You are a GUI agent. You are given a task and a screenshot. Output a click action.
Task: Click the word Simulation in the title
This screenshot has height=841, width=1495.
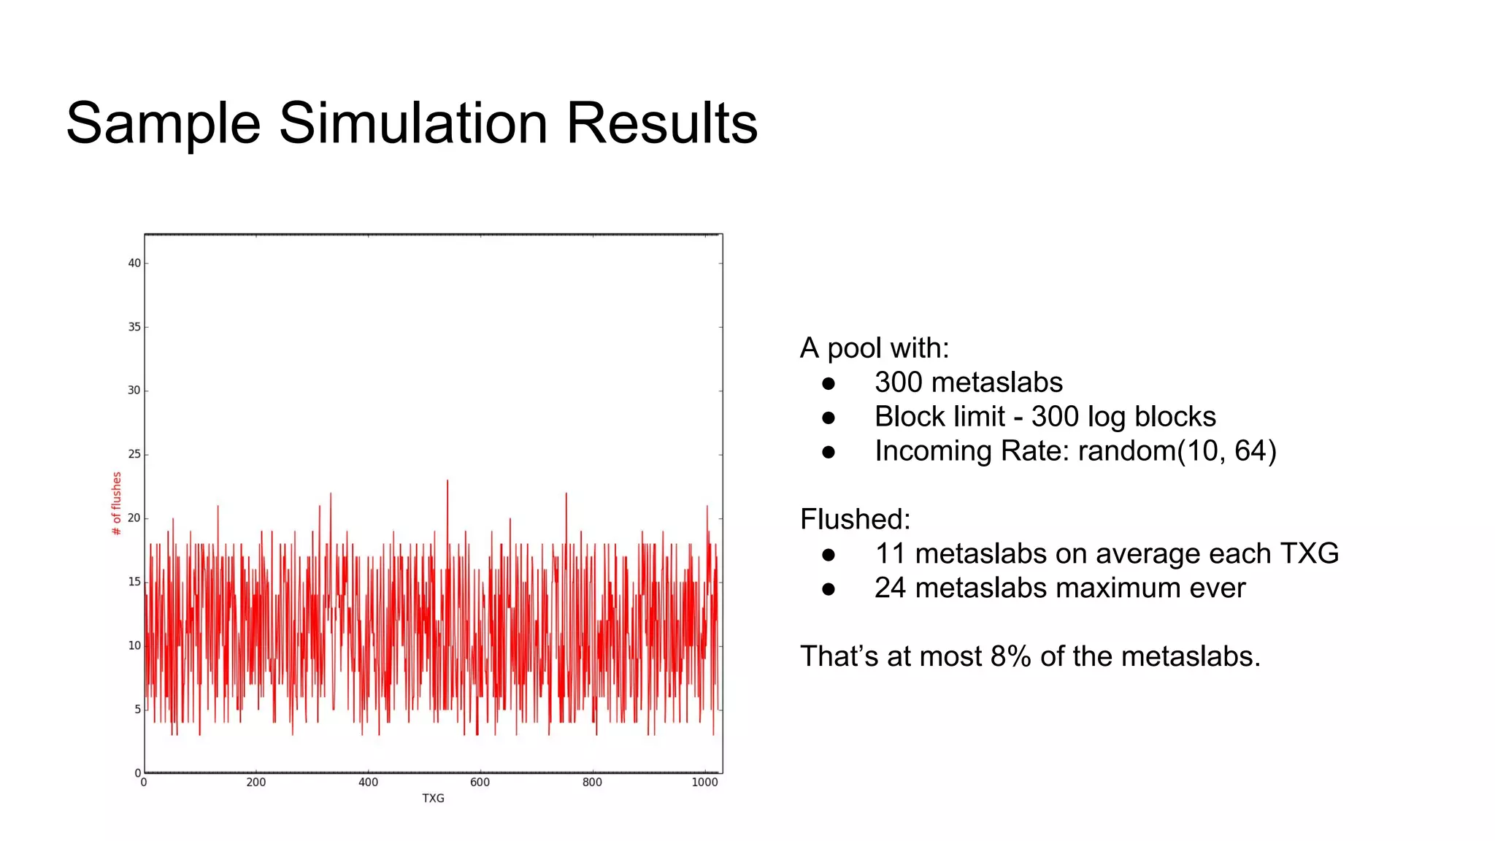click(x=412, y=123)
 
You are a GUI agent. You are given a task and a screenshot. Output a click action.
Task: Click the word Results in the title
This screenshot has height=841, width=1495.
click(x=661, y=123)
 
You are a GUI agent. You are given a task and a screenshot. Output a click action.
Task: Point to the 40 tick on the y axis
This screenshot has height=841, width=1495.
click(x=134, y=263)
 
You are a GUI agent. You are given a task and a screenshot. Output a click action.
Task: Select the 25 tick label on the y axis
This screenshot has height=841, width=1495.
click(x=134, y=454)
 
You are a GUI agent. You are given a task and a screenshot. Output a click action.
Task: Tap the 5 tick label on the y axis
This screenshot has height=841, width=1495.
click(x=137, y=709)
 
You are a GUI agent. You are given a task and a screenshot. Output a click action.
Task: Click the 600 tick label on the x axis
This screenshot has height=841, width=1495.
click(x=480, y=783)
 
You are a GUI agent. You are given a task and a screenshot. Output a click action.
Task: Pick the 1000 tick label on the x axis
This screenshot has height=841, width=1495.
click(x=704, y=783)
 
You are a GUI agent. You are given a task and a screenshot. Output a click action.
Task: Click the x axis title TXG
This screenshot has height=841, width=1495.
click(x=433, y=799)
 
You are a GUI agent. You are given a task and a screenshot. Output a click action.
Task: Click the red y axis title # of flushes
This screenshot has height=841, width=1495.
click(x=116, y=503)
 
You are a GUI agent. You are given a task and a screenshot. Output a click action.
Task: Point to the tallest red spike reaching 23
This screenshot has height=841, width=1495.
click(x=447, y=482)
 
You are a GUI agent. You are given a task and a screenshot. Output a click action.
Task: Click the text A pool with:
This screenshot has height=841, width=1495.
click(x=875, y=348)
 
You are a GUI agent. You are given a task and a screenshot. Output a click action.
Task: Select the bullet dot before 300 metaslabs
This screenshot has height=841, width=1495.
click(x=828, y=383)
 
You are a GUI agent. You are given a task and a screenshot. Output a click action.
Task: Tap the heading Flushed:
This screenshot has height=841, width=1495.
click(x=855, y=519)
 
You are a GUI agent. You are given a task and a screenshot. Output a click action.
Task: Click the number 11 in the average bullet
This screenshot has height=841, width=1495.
click(x=890, y=553)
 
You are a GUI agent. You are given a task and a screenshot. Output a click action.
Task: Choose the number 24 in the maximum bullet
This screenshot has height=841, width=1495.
click(x=891, y=588)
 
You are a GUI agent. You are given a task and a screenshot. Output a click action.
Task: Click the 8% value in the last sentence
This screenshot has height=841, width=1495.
click(x=1010, y=656)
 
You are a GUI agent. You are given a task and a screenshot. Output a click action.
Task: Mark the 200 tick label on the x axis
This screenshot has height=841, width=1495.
click(x=255, y=783)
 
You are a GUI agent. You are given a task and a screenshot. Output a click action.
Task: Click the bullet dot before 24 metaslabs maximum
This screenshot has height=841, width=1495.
click(x=828, y=589)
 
